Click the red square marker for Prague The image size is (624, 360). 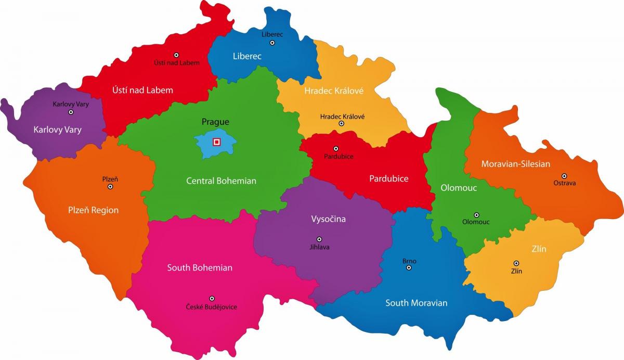pyautogui.click(x=216, y=142)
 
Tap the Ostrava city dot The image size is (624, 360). pyautogui.click(x=564, y=176)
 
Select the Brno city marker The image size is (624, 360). pyautogui.click(x=409, y=267)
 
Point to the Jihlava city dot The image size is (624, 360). pyautogui.click(x=319, y=239)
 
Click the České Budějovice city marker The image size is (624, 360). pyautogui.click(x=212, y=299)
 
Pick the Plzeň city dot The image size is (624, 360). pyautogui.click(x=110, y=186)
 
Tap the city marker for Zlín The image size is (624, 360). pyautogui.click(x=516, y=263)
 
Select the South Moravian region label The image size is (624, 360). pyautogui.click(x=416, y=303)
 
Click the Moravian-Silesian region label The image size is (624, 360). pyautogui.click(x=515, y=164)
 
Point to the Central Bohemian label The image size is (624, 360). pyautogui.click(x=221, y=181)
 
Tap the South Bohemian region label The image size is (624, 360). pyautogui.click(x=200, y=268)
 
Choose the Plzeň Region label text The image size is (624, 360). pyautogui.click(x=93, y=210)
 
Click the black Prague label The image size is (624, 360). pyautogui.click(x=215, y=122)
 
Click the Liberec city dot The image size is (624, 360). pyautogui.click(x=272, y=42)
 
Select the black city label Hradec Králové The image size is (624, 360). pyautogui.click(x=342, y=117)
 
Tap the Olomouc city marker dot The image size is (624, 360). pyautogui.click(x=476, y=215)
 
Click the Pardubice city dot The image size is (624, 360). pyautogui.click(x=336, y=149)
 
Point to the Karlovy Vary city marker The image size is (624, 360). pyautogui.click(x=71, y=112)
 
